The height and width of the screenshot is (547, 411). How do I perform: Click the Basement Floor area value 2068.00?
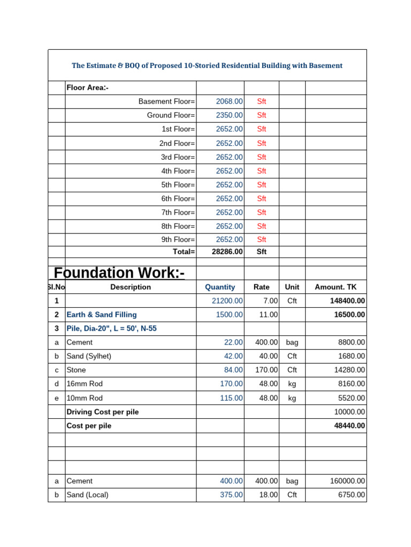point(229,101)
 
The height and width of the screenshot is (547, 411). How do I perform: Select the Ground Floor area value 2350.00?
point(229,115)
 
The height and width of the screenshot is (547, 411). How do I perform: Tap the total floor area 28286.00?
point(227,252)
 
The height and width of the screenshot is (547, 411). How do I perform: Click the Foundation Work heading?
point(119,273)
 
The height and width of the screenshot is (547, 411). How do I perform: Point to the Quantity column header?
point(220,287)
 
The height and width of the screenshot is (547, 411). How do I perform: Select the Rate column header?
point(262,287)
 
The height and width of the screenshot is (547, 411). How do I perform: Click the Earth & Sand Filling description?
point(102,315)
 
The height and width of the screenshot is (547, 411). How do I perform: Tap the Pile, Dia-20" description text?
point(111,329)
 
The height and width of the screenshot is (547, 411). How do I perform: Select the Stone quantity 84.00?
point(233,370)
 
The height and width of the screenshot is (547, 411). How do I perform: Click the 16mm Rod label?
point(85,384)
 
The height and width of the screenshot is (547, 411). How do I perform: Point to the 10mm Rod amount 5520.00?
point(352,398)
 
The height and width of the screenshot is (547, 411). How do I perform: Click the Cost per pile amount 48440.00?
point(349,426)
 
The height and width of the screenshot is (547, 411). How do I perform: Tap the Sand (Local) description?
point(88,495)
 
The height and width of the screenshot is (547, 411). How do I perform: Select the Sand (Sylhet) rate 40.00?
point(267,356)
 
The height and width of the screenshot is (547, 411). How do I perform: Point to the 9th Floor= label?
point(178,240)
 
